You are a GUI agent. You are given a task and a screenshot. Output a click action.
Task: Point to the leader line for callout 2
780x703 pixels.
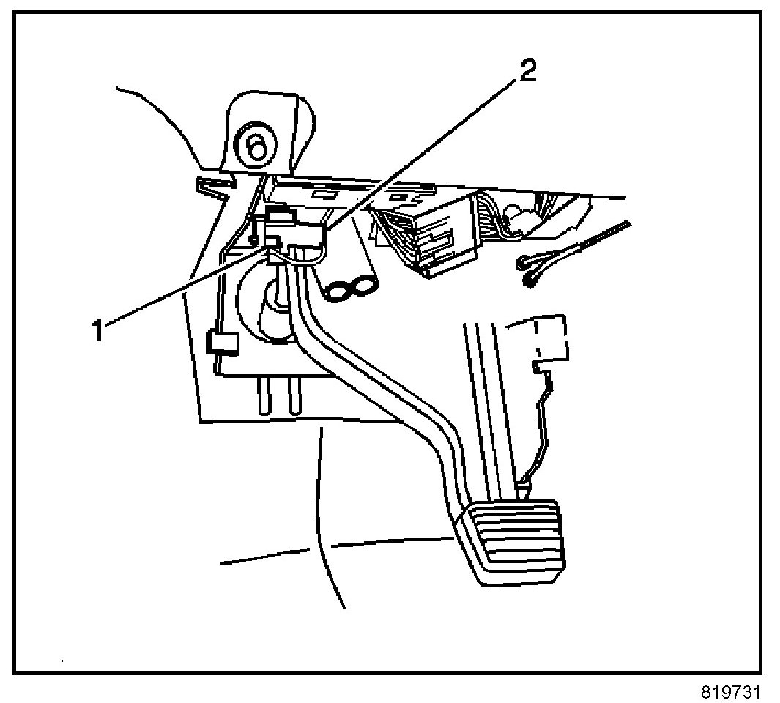(425, 154)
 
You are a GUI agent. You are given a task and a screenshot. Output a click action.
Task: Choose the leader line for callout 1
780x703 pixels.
(183, 286)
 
